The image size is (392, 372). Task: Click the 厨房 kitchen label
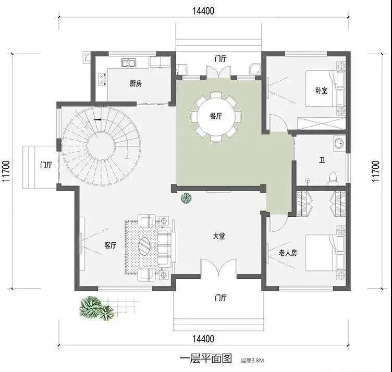[136, 83]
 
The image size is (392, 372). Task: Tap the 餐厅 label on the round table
[216, 116]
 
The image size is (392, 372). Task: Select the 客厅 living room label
[111, 245]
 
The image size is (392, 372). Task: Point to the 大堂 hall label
[219, 236]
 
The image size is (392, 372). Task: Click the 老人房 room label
[288, 253]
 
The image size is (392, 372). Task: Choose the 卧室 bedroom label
[321, 90]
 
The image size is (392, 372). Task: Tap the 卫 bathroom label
[322, 160]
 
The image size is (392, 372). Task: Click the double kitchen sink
[129, 63]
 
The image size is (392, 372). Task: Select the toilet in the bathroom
[333, 178]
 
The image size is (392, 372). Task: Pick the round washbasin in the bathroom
[339, 143]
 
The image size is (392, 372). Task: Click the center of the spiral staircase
[101, 146]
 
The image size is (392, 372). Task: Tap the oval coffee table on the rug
[144, 246]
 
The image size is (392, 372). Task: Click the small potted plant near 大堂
[186, 198]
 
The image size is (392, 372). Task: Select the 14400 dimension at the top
[203, 11]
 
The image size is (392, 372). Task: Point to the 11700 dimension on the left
[6, 171]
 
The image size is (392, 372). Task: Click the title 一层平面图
[205, 358]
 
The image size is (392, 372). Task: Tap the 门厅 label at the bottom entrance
[220, 298]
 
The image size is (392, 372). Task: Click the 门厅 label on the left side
[46, 165]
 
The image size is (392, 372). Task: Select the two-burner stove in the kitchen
[102, 79]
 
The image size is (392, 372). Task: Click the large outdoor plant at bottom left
[96, 308]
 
